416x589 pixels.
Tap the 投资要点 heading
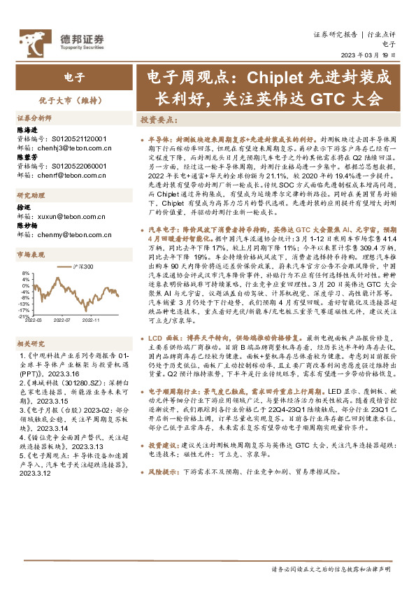click(159, 119)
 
